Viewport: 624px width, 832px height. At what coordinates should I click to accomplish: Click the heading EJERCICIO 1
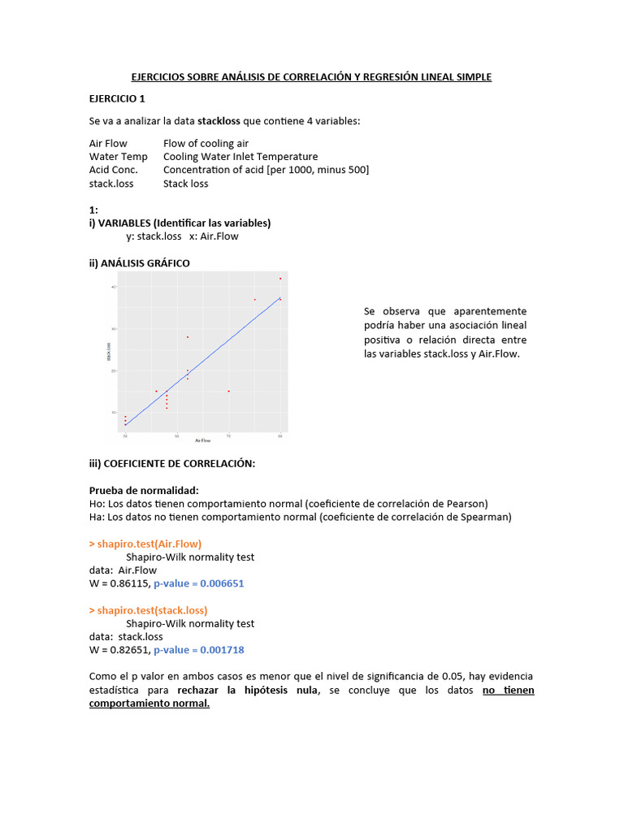(117, 98)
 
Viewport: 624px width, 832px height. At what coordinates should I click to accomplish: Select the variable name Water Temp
(119, 157)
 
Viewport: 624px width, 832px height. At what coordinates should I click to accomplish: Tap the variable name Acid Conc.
(114, 170)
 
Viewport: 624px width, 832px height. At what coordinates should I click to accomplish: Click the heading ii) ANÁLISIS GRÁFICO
(139, 262)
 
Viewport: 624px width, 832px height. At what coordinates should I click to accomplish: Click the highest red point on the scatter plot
(280, 279)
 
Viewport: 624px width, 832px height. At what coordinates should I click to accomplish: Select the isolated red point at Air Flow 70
(228, 391)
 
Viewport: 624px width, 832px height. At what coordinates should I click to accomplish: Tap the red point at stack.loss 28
(188, 336)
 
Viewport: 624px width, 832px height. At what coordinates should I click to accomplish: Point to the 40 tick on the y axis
(114, 287)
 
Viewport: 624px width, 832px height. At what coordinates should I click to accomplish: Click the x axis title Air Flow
(202, 440)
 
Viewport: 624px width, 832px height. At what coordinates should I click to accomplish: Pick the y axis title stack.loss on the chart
(107, 351)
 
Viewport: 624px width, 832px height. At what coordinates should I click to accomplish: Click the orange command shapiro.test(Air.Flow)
(145, 544)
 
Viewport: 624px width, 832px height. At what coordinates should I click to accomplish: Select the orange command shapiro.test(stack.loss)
(148, 610)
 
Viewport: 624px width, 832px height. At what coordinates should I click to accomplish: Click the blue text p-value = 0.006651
(198, 583)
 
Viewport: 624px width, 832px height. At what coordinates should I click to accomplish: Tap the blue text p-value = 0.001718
(198, 650)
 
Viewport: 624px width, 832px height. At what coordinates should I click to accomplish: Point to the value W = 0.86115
(119, 583)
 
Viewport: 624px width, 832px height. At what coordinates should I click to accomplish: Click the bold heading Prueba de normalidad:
(143, 490)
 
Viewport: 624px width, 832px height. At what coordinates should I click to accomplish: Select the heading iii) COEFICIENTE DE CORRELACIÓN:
(172, 463)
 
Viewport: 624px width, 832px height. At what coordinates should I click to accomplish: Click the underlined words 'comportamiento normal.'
(149, 704)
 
